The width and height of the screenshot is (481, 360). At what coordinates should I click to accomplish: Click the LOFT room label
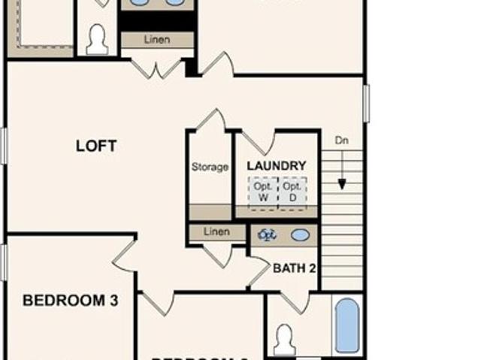(96, 146)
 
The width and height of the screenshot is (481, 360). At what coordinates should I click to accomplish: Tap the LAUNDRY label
(276, 165)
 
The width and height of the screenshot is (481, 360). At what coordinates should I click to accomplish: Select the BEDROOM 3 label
(70, 301)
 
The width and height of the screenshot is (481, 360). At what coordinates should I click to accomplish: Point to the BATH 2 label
(294, 268)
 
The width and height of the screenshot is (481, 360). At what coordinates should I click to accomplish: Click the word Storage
(210, 167)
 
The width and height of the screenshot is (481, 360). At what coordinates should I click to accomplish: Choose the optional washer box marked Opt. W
(263, 192)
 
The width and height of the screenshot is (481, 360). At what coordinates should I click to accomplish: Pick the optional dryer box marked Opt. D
(292, 192)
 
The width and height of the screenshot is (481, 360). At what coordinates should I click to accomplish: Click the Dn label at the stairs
(342, 140)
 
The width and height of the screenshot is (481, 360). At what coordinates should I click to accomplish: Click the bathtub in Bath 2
(346, 325)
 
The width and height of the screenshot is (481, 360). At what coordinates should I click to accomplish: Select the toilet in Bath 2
(284, 339)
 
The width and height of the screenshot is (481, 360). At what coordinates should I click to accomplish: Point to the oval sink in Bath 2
(300, 235)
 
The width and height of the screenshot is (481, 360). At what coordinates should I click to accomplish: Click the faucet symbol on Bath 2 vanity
(267, 235)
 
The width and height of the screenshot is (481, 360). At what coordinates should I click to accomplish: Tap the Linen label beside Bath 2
(216, 233)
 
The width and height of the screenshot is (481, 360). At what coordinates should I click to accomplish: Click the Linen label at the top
(156, 39)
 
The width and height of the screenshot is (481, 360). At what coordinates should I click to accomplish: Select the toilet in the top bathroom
(97, 40)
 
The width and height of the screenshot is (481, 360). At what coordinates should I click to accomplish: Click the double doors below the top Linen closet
(157, 68)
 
